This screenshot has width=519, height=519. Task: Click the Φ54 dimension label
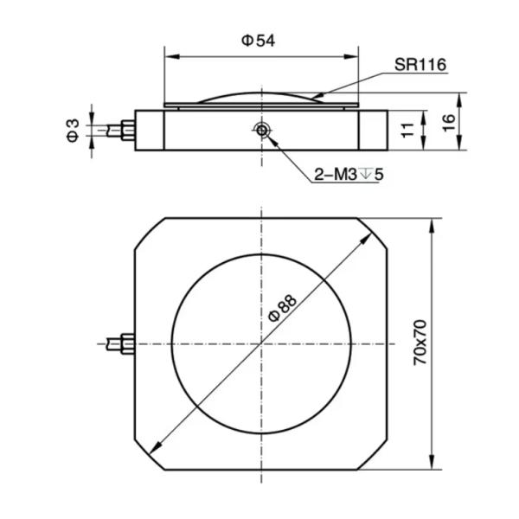259,41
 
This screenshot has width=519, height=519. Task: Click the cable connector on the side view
127,130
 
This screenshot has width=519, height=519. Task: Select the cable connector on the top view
126,343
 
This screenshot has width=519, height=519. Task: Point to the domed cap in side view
260,98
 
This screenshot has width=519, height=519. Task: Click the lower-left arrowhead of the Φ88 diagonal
156,447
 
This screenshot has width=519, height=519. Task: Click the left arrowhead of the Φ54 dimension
170,57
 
